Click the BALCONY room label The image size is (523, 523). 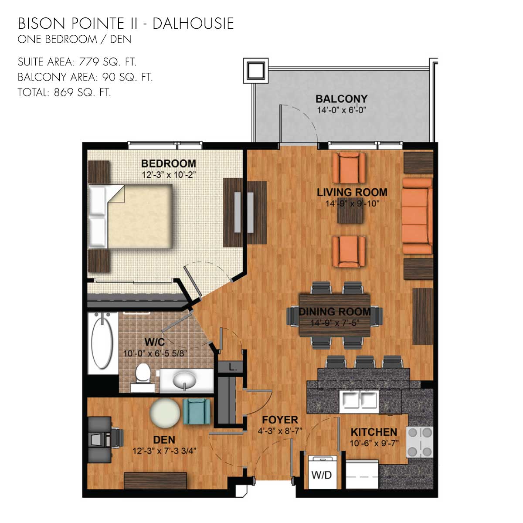341,99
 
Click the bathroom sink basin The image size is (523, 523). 184,380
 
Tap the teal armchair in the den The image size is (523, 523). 197,411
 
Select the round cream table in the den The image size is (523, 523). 165,413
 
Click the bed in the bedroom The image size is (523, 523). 130,216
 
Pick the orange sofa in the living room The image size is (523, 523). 418,216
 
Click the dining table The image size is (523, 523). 335,316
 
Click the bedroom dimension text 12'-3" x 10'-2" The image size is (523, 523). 169,175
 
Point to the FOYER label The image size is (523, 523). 280,420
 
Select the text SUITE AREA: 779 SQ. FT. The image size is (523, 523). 77,62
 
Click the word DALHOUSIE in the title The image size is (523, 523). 193,24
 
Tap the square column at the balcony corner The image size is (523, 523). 256,71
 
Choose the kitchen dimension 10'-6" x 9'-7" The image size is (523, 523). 374,443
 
